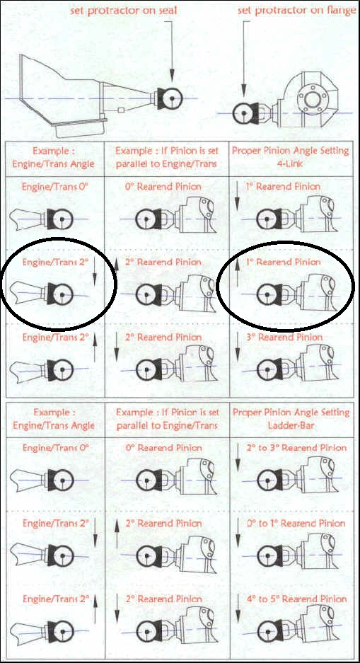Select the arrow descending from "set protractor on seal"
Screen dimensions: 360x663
coord(172,51)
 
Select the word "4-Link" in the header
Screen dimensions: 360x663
coord(290,163)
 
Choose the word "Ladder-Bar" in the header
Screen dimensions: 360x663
coord(290,425)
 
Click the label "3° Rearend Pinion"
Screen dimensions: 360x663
coord(290,337)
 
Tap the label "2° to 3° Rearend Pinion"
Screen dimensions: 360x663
coord(296,447)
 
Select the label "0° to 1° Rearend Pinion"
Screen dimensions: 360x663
coord(296,523)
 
